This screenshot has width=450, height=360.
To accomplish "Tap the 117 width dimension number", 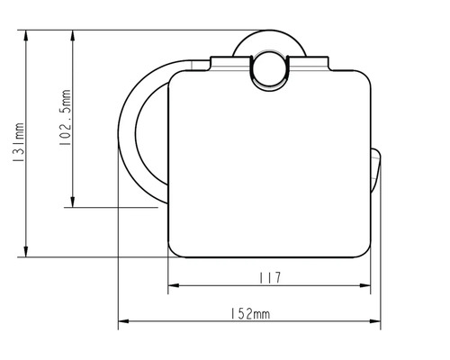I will [x=268, y=278].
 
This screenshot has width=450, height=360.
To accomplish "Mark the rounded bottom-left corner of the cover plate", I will [x=176, y=247].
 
